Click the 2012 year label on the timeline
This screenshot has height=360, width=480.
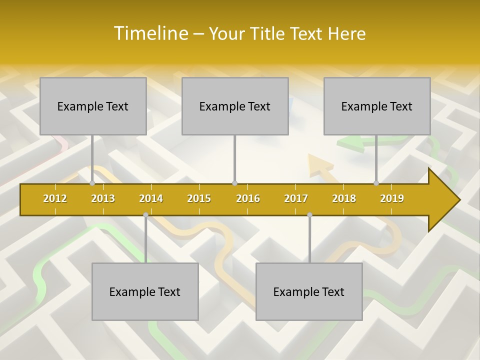[55, 198]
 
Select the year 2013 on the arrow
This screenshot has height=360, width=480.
[103, 198]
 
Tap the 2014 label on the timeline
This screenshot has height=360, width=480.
[151, 198]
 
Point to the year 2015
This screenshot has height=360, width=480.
[199, 198]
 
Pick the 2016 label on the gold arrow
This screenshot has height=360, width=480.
[248, 198]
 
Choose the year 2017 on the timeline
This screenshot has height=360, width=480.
[296, 198]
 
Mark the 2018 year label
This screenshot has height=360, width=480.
[344, 198]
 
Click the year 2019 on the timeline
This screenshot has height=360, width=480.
[392, 198]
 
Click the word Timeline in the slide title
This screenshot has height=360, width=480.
[150, 33]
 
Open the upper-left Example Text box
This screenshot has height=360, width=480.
[93, 106]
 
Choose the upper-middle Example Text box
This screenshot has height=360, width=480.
[235, 106]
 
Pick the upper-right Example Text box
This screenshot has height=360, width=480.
[377, 106]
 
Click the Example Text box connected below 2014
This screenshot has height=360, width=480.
[145, 291]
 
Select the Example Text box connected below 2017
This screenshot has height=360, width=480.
[309, 291]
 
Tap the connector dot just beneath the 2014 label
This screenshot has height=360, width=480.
[145, 215]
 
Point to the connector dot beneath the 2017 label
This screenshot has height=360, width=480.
[309, 215]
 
